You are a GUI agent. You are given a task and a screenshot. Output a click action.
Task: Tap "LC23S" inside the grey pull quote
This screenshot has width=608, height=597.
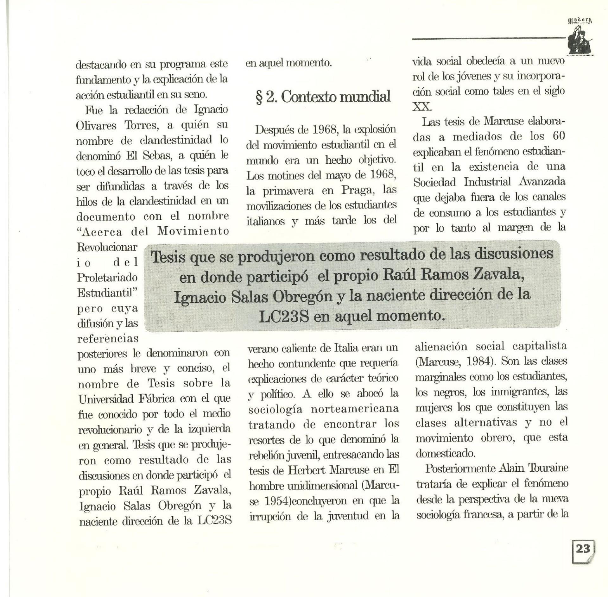[x=284, y=317]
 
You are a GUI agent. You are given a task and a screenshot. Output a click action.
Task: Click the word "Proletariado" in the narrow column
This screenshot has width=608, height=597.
[x=107, y=278]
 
